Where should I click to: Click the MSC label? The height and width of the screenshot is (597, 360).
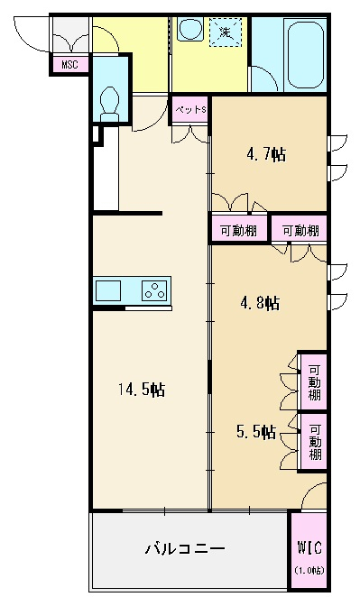point(69,64)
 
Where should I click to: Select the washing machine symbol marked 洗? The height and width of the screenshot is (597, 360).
point(226,32)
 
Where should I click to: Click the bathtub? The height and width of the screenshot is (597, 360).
point(306,55)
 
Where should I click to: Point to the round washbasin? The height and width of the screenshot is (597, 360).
point(190,30)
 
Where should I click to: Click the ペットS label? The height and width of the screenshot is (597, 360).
point(190,110)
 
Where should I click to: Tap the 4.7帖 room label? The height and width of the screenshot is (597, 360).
point(266,154)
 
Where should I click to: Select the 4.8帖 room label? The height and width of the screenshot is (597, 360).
point(260,303)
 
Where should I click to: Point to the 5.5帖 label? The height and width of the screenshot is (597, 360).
point(256,432)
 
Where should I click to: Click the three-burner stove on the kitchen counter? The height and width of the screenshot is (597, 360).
point(154,291)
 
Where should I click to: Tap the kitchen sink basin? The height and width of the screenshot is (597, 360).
point(108,291)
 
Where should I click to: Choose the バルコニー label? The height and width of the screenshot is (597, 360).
point(185,548)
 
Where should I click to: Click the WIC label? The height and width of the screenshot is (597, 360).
point(309,548)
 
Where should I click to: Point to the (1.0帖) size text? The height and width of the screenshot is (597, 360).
point(309,570)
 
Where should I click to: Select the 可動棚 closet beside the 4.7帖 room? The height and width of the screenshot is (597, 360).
point(239,230)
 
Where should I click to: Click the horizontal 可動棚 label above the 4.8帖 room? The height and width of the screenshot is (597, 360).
point(300,230)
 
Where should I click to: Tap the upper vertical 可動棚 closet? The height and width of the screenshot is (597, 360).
point(313,381)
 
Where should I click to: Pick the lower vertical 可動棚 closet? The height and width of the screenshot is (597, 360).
point(314,442)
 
